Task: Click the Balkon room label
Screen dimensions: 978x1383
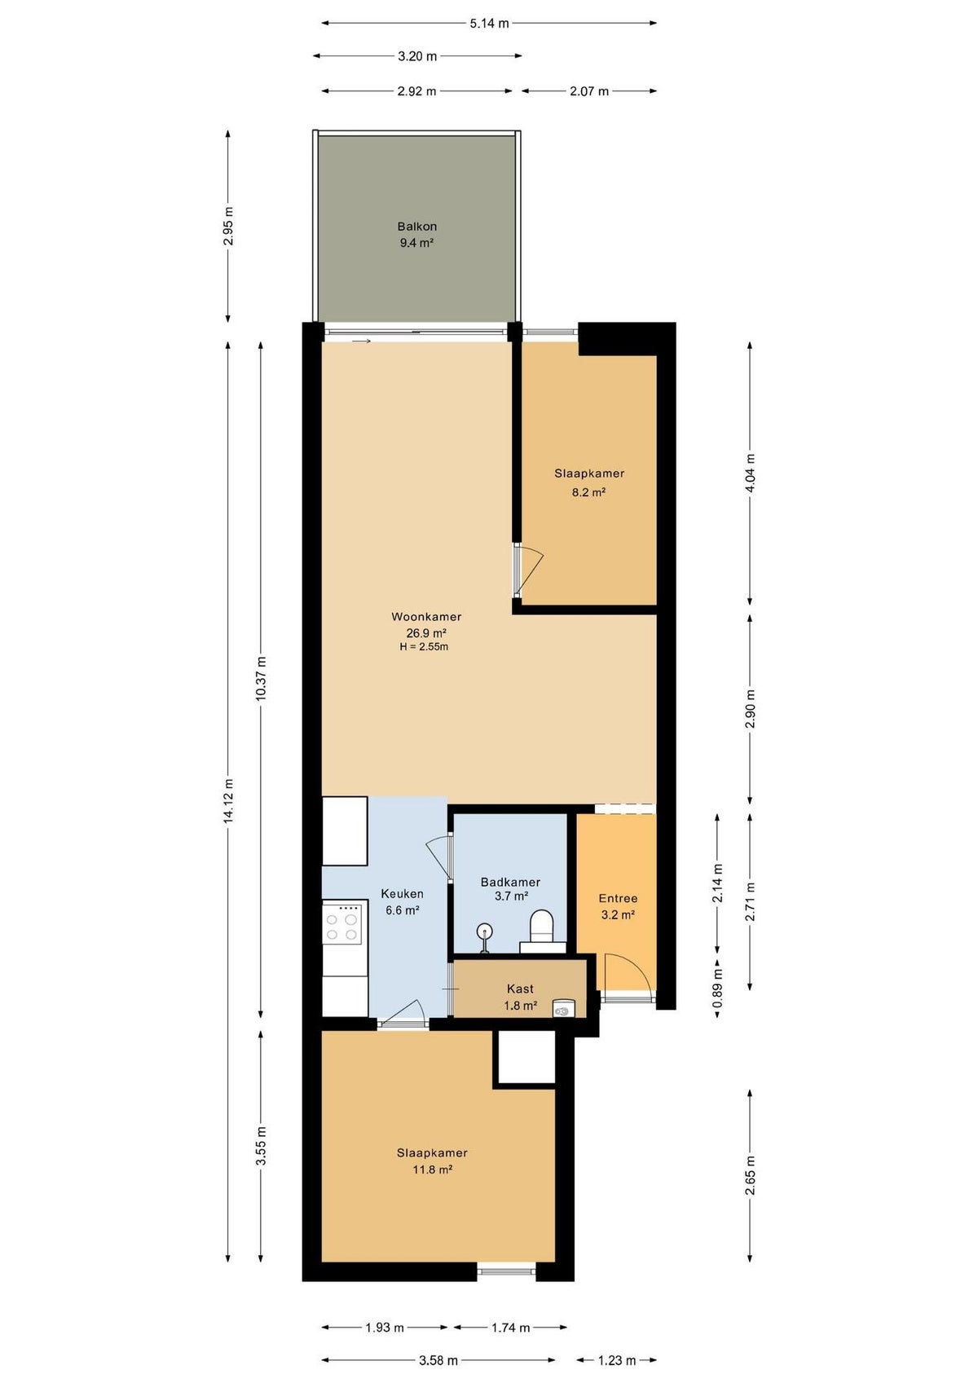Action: tap(416, 227)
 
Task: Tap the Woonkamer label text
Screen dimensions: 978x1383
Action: tap(426, 616)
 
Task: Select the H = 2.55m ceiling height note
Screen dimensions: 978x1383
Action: tap(424, 647)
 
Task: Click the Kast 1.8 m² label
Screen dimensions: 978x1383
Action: tap(520, 998)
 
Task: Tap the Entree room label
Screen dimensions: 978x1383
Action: tap(618, 898)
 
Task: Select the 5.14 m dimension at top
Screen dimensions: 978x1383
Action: tap(489, 24)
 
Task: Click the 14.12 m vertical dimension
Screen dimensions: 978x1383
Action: tap(228, 800)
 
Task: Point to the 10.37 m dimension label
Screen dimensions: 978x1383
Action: tap(261, 678)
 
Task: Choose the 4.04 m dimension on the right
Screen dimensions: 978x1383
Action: tap(750, 473)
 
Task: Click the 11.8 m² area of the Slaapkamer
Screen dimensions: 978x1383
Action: tap(432, 1169)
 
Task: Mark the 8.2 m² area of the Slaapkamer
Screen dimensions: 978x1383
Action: tap(589, 493)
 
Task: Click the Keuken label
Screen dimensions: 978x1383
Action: tap(402, 893)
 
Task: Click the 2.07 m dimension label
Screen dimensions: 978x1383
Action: tap(589, 91)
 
